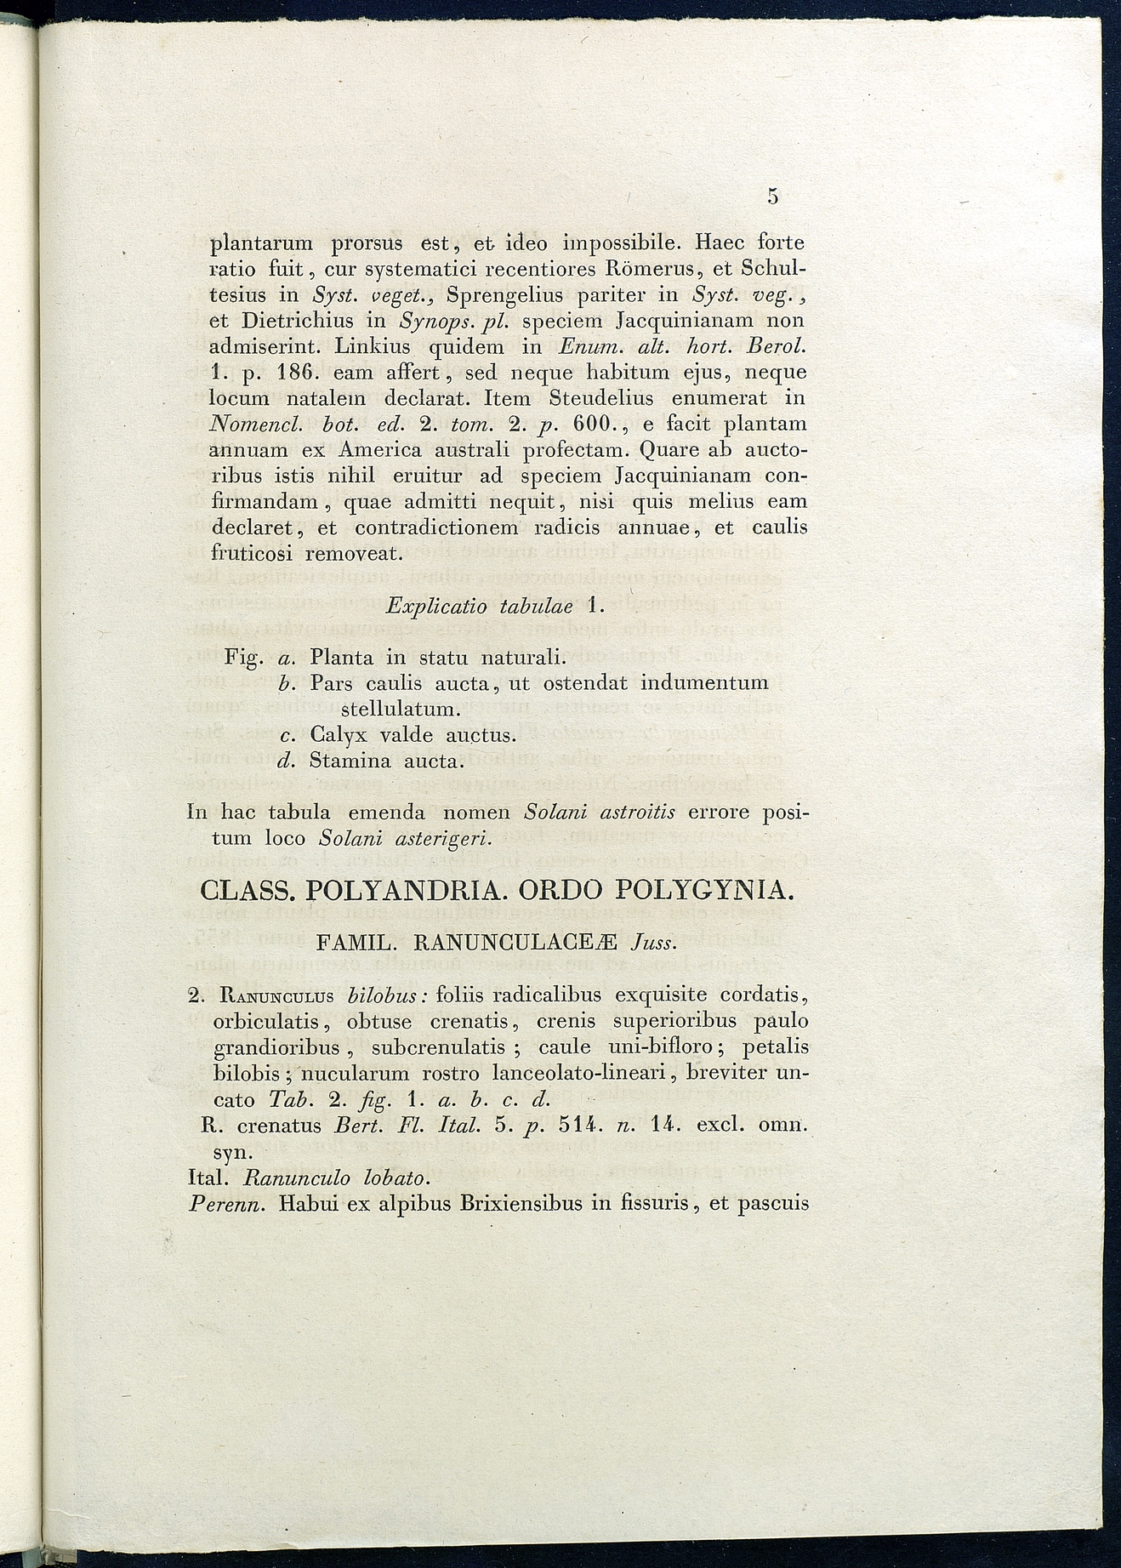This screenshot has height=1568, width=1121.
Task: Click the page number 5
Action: [x=772, y=197]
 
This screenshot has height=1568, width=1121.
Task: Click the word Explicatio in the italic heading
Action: [x=435, y=607]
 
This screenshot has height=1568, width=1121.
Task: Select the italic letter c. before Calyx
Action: [x=287, y=735]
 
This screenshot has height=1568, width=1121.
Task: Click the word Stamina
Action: [x=346, y=761]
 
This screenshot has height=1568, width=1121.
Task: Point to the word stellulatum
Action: [x=400, y=709]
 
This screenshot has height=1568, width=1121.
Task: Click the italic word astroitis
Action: [x=637, y=812]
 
